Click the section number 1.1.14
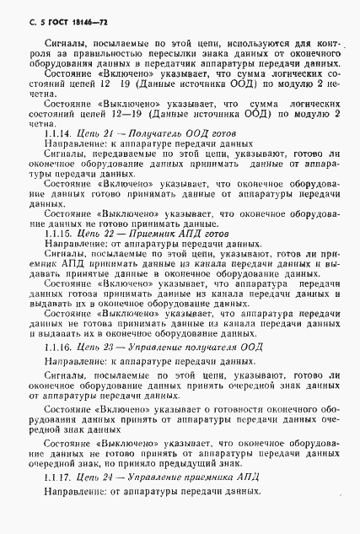click(56, 134)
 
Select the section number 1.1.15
click(56, 235)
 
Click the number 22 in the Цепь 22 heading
click(105, 235)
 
